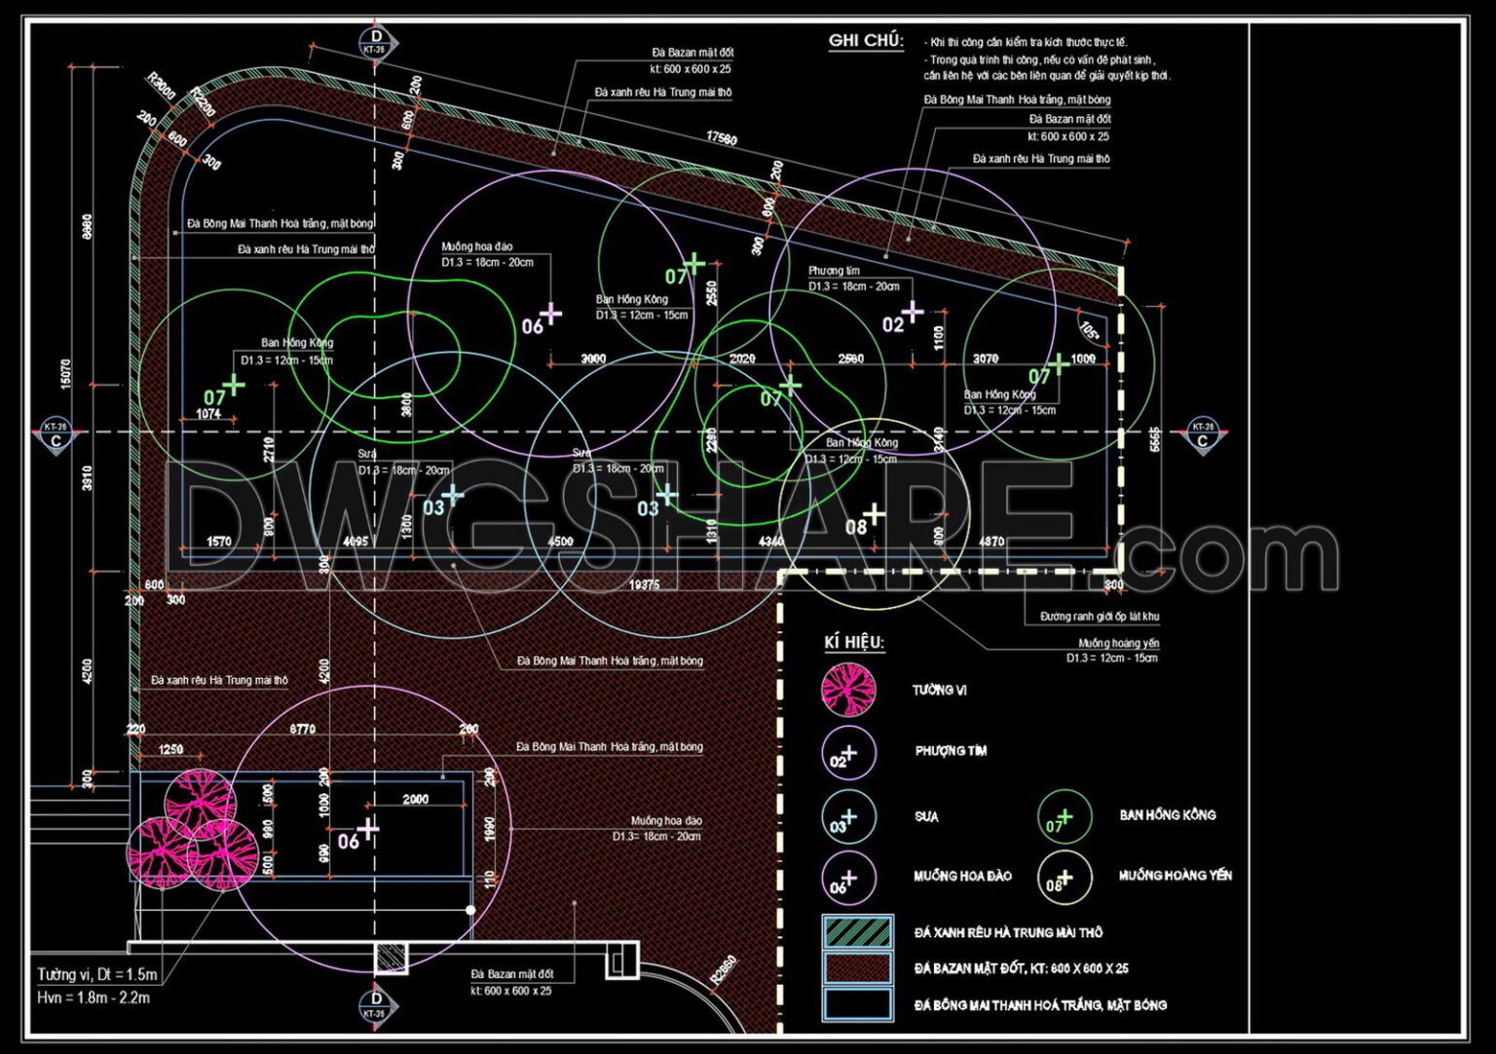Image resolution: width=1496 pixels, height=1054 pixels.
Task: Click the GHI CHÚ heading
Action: coord(865,41)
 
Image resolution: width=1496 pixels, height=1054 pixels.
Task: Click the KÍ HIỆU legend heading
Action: coord(853,643)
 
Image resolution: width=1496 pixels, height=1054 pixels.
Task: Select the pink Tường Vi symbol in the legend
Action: coord(848,689)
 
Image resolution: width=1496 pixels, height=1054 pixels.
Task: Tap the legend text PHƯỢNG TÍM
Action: coord(951,751)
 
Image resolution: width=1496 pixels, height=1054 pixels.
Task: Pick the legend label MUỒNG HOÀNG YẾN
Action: coord(1175,876)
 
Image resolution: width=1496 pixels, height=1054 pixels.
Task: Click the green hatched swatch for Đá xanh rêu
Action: coord(857,932)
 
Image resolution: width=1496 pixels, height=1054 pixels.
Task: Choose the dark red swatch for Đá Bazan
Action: coord(857,968)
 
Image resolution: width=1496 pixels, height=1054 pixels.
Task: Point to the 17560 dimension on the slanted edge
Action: coord(722,138)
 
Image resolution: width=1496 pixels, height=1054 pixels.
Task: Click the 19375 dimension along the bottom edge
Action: coord(644,584)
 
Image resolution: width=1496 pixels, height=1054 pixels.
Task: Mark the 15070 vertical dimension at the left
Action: coord(65,373)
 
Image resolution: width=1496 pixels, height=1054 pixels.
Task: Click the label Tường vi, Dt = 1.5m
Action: coord(96,974)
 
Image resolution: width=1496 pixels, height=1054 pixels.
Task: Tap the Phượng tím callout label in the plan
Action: coord(834,271)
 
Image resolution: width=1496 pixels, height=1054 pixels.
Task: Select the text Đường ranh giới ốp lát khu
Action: coord(1099,617)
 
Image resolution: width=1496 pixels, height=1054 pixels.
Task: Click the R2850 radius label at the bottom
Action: coord(724,970)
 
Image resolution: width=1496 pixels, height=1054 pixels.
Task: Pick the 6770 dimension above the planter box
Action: coord(302,729)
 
